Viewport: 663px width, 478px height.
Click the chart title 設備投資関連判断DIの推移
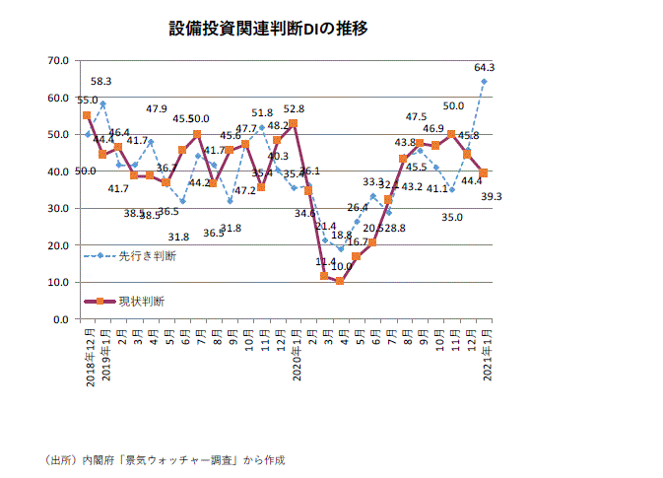(x=268, y=29)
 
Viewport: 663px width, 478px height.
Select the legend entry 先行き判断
(x=147, y=256)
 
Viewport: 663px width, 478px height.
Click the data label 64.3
(x=484, y=68)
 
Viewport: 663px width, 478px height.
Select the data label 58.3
(x=101, y=82)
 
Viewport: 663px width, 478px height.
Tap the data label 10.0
(x=341, y=266)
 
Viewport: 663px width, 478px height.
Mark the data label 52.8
(x=294, y=109)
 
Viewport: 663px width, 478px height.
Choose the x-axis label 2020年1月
(x=294, y=358)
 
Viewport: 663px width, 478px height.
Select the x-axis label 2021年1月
(x=484, y=358)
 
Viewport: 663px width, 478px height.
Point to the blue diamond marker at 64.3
(x=484, y=81)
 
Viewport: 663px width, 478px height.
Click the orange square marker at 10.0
(x=340, y=281)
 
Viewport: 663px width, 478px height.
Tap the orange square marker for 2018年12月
(x=87, y=115)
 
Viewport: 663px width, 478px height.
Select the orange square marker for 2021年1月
(x=484, y=173)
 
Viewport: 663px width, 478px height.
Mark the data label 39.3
(x=492, y=196)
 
